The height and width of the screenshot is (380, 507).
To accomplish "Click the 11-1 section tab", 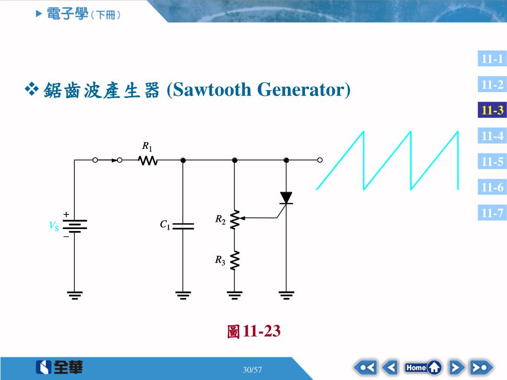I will point(492,59).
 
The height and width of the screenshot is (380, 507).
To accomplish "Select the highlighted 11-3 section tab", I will point(492,110).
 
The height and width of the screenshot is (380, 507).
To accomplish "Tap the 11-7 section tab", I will point(492,213).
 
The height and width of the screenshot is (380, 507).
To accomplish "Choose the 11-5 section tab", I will point(492,162).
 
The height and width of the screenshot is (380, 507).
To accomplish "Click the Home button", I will point(423,368).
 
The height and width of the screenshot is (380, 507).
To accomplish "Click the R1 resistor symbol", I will point(149,160).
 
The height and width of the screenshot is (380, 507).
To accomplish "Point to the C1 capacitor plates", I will point(183,226).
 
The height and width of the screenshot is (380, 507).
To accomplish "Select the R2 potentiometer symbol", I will point(235,218).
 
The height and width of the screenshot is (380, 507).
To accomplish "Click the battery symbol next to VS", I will point(75,226).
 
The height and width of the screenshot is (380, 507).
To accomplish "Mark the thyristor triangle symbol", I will point(286,198).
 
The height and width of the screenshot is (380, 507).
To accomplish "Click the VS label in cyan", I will point(53,226).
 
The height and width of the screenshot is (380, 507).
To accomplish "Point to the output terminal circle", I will point(320,160).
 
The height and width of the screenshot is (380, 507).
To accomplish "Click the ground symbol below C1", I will point(183,295).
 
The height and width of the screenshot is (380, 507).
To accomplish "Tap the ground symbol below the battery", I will point(75,295).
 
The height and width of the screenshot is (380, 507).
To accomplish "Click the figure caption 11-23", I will point(254,331).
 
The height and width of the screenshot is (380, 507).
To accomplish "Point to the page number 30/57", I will point(253,370).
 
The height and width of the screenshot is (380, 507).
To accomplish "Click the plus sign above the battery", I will point(66,215).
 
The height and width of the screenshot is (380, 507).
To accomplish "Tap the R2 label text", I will point(220,220).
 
